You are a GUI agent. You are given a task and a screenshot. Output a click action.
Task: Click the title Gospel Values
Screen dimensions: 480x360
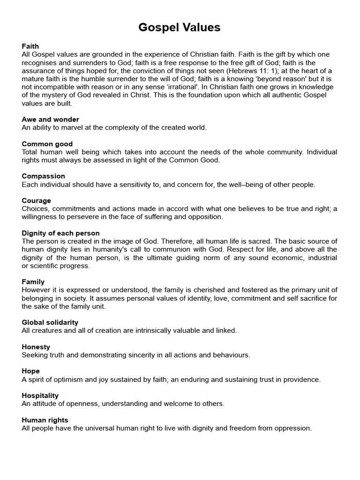tap(180, 28)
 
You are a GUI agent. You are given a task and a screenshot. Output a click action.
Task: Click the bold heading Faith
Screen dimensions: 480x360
tap(30, 46)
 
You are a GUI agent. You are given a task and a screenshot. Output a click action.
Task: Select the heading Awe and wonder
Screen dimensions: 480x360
tap(50, 120)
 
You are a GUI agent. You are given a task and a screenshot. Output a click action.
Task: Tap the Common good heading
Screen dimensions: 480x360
tap(47, 144)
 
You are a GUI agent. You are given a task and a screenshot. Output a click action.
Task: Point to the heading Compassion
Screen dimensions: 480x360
tap(43, 176)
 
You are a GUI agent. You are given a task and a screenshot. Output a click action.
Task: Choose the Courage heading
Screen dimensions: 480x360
tap(36, 201)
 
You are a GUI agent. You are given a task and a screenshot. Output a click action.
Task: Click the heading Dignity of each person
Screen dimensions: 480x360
tap(60, 233)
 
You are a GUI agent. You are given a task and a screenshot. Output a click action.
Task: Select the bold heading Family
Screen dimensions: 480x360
tap(33, 282)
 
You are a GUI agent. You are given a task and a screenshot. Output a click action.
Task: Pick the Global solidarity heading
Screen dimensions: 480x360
tap(50, 322)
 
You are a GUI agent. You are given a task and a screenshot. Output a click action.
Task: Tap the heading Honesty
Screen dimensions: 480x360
tap(36, 347)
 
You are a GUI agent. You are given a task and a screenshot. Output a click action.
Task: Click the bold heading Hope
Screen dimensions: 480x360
tap(30, 371)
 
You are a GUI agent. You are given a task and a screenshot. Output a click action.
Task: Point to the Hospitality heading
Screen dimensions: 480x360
tap(40, 396)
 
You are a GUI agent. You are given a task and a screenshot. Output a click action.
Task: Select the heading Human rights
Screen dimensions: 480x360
tap(45, 420)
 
